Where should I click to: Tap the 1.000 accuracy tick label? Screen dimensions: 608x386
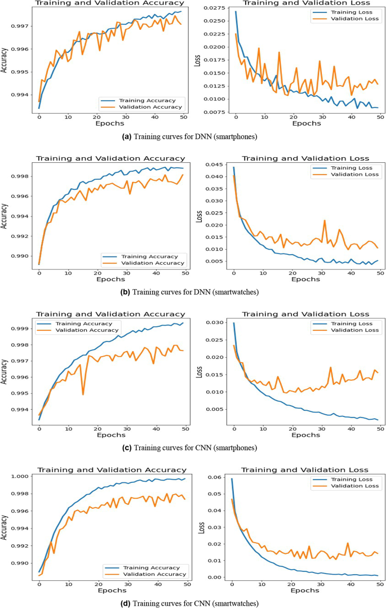point(25,476)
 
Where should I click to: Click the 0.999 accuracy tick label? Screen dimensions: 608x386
point(25,329)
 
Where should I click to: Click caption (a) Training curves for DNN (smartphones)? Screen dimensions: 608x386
point(193,136)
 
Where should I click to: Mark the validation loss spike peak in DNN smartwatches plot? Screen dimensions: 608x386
point(325,220)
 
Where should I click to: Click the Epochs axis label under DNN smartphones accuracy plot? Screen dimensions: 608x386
point(111,122)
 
